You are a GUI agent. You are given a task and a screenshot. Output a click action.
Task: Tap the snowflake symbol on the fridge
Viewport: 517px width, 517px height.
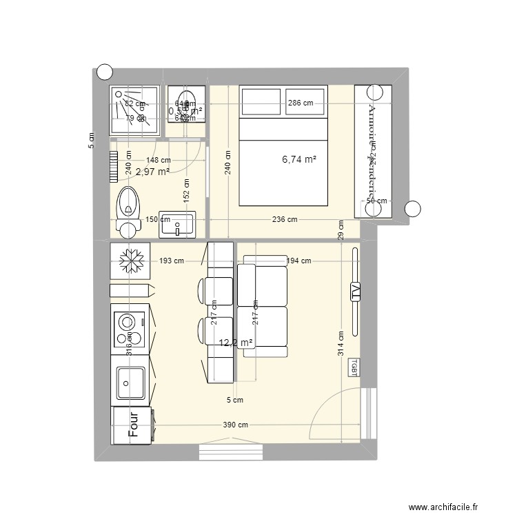[130, 261]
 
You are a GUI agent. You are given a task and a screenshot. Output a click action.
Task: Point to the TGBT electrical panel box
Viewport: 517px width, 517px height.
[354, 367]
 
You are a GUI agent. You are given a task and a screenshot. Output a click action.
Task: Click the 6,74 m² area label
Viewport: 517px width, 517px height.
[299, 159]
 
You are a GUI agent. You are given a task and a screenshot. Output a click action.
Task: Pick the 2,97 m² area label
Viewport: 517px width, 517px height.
[152, 172]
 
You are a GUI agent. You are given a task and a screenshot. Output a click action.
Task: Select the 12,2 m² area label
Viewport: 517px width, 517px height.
[235, 343]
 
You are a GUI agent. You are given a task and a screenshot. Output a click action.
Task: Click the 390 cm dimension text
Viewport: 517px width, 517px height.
[236, 425]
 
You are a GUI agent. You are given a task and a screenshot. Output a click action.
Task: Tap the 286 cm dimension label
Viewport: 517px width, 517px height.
[300, 103]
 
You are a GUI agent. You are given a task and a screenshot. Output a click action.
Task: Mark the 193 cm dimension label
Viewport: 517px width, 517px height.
[171, 261]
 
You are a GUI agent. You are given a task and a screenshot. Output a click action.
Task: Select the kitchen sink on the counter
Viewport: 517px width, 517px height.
[130, 383]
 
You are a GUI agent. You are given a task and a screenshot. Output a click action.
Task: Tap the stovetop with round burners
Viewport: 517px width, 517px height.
[128, 330]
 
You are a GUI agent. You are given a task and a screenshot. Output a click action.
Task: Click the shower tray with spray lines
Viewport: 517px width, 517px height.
[135, 110]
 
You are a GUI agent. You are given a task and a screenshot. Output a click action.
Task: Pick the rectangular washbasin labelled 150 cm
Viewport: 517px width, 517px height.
[177, 224]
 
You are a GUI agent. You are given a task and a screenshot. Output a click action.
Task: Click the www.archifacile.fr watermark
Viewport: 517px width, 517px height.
[447, 508]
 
